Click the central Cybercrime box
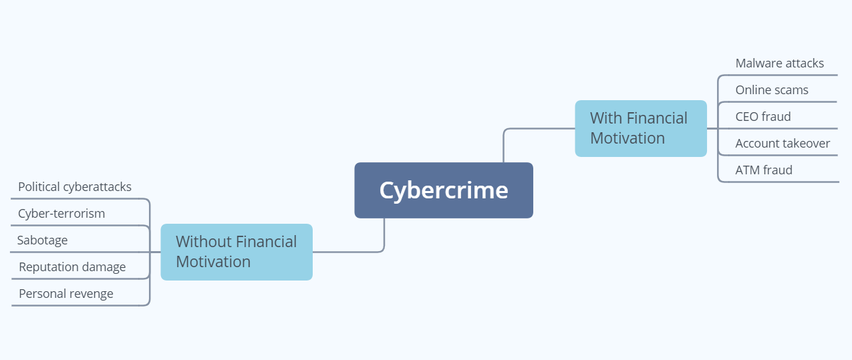(x=444, y=190)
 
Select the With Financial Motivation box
(x=641, y=128)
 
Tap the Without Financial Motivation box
(x=237, y=252)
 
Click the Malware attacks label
(x=779, y=63)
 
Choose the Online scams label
(x=772, y=89)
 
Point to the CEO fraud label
(x=763, y=116)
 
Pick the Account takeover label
(x=783, y=144)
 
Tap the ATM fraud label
(x=764, y=170)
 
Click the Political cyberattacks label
(x=75, y=187)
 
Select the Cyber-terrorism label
(x=61, y=214)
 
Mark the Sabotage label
(x=42, y=240)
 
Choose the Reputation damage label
(x=72, y=267)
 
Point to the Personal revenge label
(x=65, y=293)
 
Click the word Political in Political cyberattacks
(x=39, y=186)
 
